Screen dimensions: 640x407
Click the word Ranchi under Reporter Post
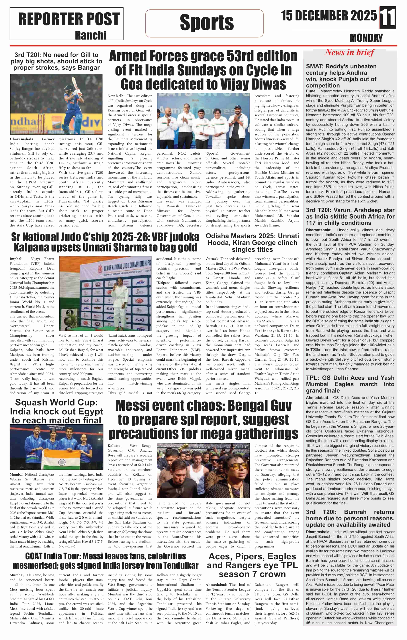click(x=91, y=35)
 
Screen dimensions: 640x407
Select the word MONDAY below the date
click(x=366, y=38)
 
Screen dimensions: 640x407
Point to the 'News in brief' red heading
click(x=350, y=52)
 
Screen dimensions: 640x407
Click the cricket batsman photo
click(x=56, y=104)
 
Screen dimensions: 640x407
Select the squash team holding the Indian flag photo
click(x=56, y=447)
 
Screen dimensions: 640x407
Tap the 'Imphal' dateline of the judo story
click(x=16, y=259)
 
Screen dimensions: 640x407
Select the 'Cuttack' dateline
click(x=212, y=259)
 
